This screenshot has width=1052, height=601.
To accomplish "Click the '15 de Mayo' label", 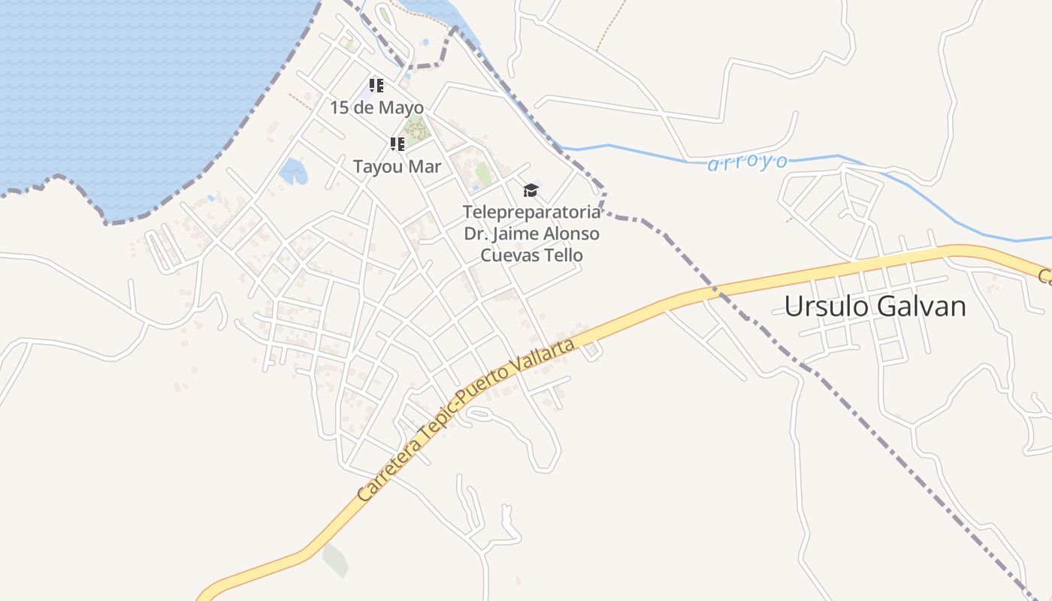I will [x=376, y=107].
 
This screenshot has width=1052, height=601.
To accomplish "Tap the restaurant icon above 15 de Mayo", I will [x=376, y=86].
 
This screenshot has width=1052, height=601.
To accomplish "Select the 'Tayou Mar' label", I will [x=397, y=166].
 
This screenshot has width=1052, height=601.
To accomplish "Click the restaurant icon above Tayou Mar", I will [x=397, y=143].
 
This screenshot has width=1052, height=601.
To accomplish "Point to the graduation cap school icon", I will [x=531, y=190].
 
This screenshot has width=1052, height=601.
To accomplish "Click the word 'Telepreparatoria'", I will [x=531, y=211].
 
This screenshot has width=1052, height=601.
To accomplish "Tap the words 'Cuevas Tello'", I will [x=531, y=255].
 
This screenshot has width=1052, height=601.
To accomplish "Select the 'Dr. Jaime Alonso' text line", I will [x=531, y=233].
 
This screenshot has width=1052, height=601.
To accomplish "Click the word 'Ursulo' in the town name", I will [x=829, y=307].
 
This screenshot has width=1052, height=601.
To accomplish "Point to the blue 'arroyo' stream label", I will [x=748, y=162].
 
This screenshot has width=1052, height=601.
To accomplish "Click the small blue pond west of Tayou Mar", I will [x=292, y=172].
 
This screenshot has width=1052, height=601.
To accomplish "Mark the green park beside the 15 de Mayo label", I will [x=415, y=130].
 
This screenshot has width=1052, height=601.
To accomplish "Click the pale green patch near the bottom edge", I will [x=335, y=560].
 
